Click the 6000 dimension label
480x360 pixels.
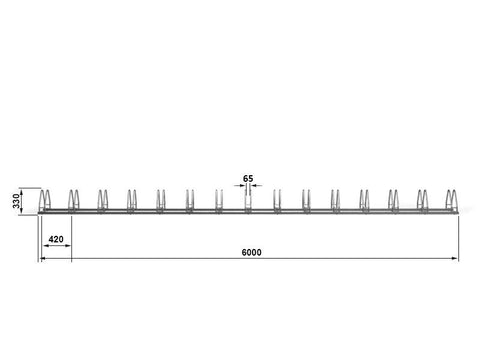(x=251, y=252)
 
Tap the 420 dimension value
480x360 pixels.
(x=56, y=239)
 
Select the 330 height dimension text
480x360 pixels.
(x=16, y=201)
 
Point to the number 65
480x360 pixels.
(x=248, y=179)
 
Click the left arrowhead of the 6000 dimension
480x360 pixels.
(x=43, y=258)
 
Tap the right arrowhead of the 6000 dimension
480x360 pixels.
(x=455, y=258)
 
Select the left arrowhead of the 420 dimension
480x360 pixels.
(x=47, y=246)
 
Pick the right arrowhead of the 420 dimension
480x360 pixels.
(x=68, y=246)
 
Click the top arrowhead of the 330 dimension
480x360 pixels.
(x=21, y=192)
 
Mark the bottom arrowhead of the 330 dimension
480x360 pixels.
(x=21, y=210)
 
